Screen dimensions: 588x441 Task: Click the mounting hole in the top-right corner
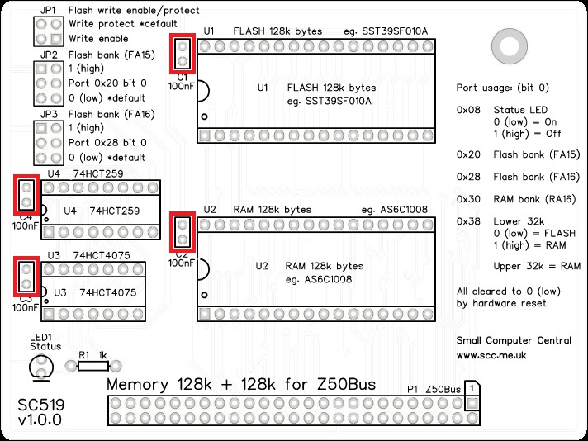510,46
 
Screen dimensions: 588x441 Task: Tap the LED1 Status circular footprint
41,367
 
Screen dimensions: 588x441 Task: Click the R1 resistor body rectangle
93,366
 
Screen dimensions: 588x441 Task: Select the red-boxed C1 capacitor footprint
183,53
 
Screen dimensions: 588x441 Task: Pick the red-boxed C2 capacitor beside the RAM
183,232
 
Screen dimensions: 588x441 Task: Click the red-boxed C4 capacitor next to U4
26,195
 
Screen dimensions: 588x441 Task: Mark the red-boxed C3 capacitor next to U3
26,277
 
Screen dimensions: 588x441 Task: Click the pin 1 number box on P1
472,388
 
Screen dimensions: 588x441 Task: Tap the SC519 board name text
41,405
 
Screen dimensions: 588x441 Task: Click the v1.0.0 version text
40,420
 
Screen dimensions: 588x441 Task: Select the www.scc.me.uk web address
491,355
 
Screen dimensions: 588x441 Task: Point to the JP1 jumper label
49,11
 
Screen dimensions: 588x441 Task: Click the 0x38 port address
468,221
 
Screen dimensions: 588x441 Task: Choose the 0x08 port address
468,110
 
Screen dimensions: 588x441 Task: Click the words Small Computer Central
514,340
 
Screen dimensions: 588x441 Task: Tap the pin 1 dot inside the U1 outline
204,116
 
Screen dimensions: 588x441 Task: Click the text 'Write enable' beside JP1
98,39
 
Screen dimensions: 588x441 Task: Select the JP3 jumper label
49,114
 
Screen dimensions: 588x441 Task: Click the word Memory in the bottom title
138,385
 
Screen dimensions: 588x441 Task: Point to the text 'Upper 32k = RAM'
537,266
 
